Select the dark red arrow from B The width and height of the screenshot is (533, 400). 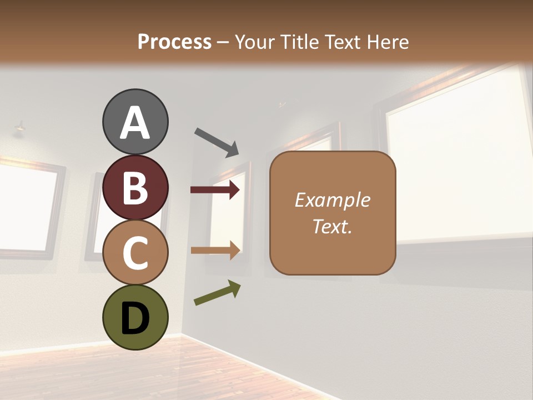[x=215, y=190]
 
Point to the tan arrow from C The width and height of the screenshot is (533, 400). [x=215, y=251]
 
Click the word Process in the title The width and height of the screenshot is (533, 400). [x=174, y=42]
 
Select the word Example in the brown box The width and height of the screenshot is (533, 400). [x=332, y=200]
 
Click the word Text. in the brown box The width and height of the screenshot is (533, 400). [x=332, y=226]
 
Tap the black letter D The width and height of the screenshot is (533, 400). [x=135, y=318]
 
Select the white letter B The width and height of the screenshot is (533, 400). [x=135, y=188]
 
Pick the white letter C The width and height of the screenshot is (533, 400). [x=135, y=253]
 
